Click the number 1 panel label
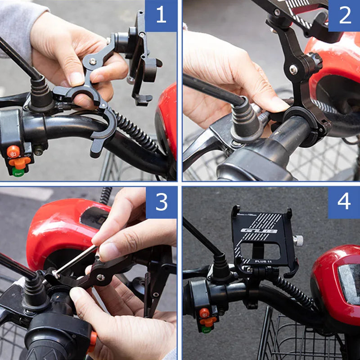tap(161, 16)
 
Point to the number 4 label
tap(344, 202)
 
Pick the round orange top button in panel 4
tap(204, 312)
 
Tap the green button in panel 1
tap(18, 171)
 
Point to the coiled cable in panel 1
tap(135, 130)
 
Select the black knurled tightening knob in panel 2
tap(314, 62)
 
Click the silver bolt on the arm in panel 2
tap(293, 69)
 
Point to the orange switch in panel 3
tap(92, 341)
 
